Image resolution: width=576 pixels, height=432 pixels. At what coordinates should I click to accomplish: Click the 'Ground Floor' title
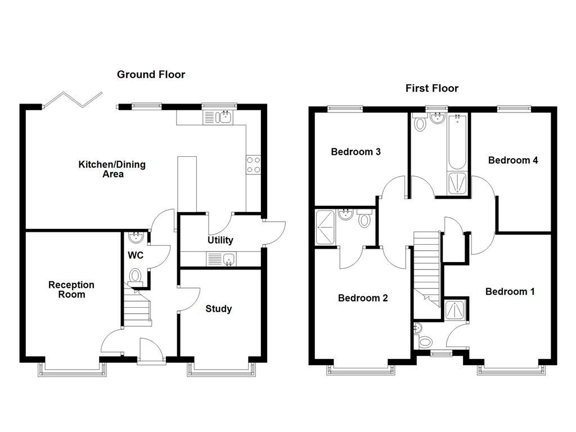click(x=151, y=74)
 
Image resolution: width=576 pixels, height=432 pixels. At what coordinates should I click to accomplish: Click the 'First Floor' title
click(x=431, y=88)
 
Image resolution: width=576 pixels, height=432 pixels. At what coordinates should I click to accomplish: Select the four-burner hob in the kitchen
click(x=253, y=164)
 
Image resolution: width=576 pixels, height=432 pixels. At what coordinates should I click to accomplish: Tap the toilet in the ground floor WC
click(x=135, y=276)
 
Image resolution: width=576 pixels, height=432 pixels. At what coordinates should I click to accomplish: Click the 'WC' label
click(x=135, y=255)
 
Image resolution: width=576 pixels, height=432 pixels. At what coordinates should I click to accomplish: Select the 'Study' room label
click(x=218, y=309)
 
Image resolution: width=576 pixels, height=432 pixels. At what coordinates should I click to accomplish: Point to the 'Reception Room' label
click(x=71, y=290)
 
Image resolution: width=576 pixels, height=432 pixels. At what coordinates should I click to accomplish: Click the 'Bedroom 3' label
click(x=355, y=152)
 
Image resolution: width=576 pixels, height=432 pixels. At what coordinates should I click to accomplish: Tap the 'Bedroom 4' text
click(x=512, y=160)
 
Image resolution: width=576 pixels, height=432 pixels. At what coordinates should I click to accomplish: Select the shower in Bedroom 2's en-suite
click(x=325, y=227)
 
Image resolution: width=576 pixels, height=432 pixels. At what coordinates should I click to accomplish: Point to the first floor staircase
click(x=426, y=267)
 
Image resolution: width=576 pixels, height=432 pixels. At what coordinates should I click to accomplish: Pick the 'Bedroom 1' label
click(x=510, y=291)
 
